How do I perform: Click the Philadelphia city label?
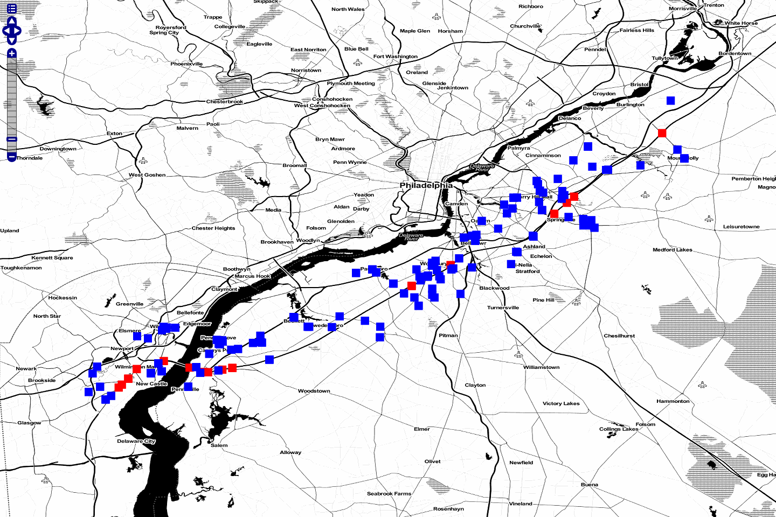[x=426, y=185]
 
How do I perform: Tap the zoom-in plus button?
[x=12, y=53]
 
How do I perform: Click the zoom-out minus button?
[x=12, y=157]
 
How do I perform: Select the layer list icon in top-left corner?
[x=12, y=9]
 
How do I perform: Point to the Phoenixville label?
[x=186, y=64]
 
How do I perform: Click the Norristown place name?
[x=306, y=71]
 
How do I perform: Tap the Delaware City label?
[x=136, y=441]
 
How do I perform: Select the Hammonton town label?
[x=673, y=401]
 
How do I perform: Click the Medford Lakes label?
[x=672, y=250]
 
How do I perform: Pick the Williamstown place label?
[x=541, y=367]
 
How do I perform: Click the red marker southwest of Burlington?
[x=662, y=133]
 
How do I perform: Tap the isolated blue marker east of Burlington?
[x=670, y=101]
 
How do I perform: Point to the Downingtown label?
[x=58, y=149]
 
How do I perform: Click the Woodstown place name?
[x=314, y=391]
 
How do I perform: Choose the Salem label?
[x=219, y=445]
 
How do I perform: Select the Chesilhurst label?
[x=619, y=336]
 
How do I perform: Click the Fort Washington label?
[x=395, y=57]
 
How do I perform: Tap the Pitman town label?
[x=448, y=336]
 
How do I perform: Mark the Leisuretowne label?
[x=741, y=227]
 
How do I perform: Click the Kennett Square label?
[x=52, y=258]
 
